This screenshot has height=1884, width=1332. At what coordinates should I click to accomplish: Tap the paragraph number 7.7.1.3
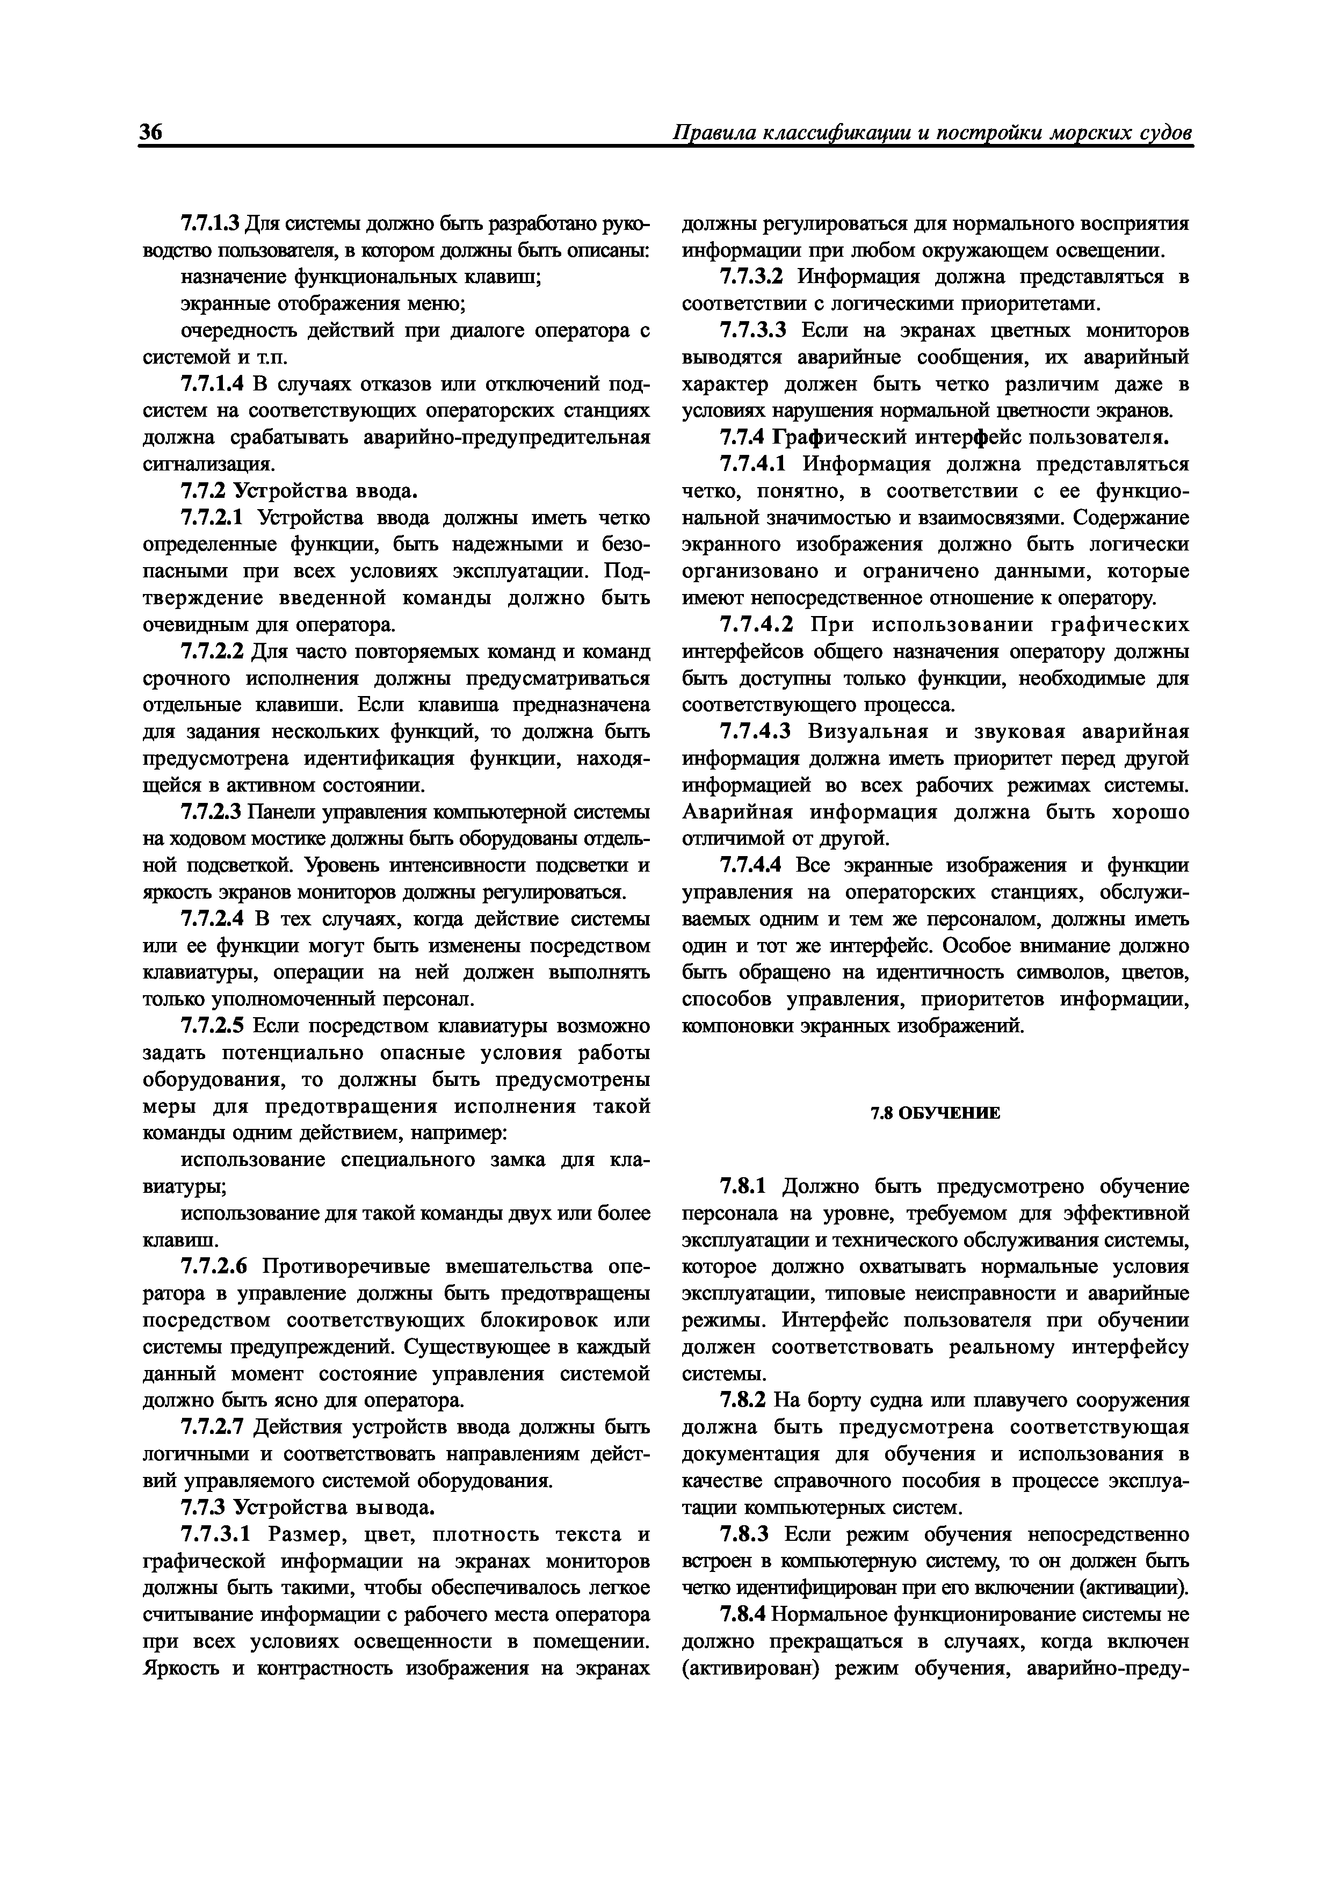point(209,223)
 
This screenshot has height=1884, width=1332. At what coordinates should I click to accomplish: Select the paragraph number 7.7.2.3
point(209,813)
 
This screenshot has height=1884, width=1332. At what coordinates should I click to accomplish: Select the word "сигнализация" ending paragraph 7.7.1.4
point(208,465)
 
